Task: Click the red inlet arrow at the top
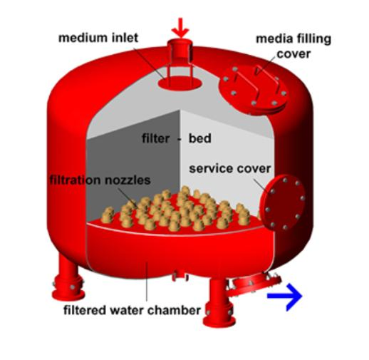(x=180, y=28)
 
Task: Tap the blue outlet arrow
(x=285, y=297)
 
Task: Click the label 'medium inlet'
(x=98, y=38)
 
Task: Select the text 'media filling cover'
(x=293, y=46)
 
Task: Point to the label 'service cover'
(x=230, y=168)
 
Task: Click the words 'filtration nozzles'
(x=100, y=180)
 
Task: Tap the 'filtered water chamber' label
(x=132, y=310)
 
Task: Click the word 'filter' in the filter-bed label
(x=156, y=138)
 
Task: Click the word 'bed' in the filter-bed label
(x=199, y=138)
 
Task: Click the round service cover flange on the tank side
(x=283, y=203)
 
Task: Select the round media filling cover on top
(x=254, y=89)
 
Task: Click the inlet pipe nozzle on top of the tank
(x=180, y=51)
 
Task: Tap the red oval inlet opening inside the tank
(x=180, y=83)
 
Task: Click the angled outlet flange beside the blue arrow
(x=255, y=284)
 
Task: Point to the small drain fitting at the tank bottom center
(x=180, y=276)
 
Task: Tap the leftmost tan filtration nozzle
(x=107, y=215)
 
